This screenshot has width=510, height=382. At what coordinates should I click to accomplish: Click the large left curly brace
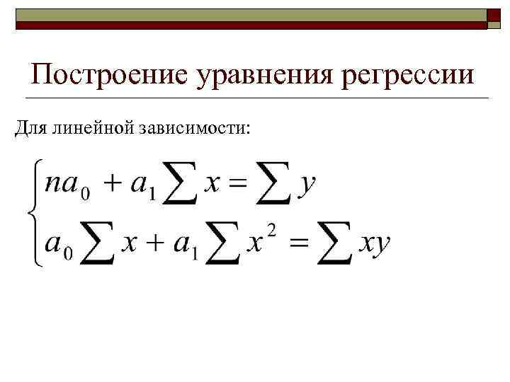33,212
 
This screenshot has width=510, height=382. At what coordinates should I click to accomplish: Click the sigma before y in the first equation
273,185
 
